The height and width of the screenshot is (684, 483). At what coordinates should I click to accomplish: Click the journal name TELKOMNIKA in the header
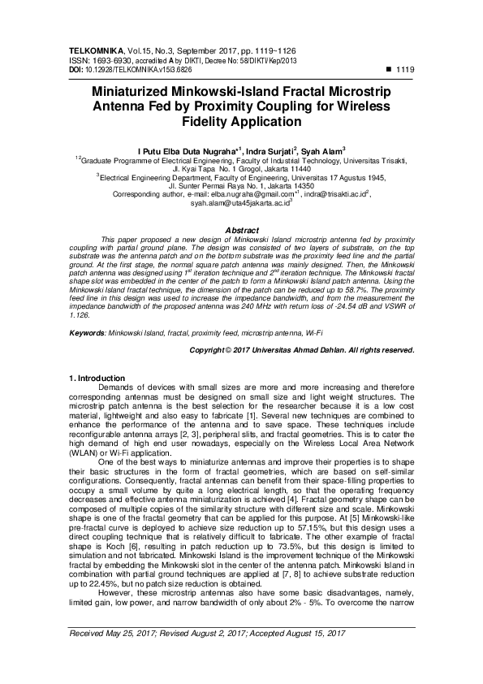click(x=93, y=51)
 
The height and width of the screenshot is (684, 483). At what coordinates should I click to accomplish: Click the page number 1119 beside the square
click(x=404, y=71)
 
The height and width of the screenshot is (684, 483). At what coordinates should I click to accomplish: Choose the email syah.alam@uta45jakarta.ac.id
click(x=240, y=204)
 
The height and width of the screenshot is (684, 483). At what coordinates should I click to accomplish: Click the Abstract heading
click(x=241, y=231)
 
